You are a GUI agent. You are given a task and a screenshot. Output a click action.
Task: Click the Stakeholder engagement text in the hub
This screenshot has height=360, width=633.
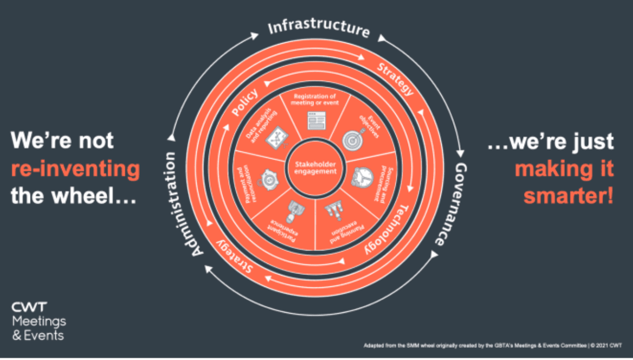coord(315,168)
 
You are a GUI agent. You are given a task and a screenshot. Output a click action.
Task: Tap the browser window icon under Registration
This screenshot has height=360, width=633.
coord(315,120)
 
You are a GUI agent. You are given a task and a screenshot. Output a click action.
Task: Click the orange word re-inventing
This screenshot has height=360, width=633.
coord(75,169)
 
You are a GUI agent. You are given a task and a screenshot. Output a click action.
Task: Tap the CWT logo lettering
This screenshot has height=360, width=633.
coord(29,307)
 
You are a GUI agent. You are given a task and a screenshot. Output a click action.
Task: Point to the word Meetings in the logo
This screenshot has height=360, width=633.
coord(39,321)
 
